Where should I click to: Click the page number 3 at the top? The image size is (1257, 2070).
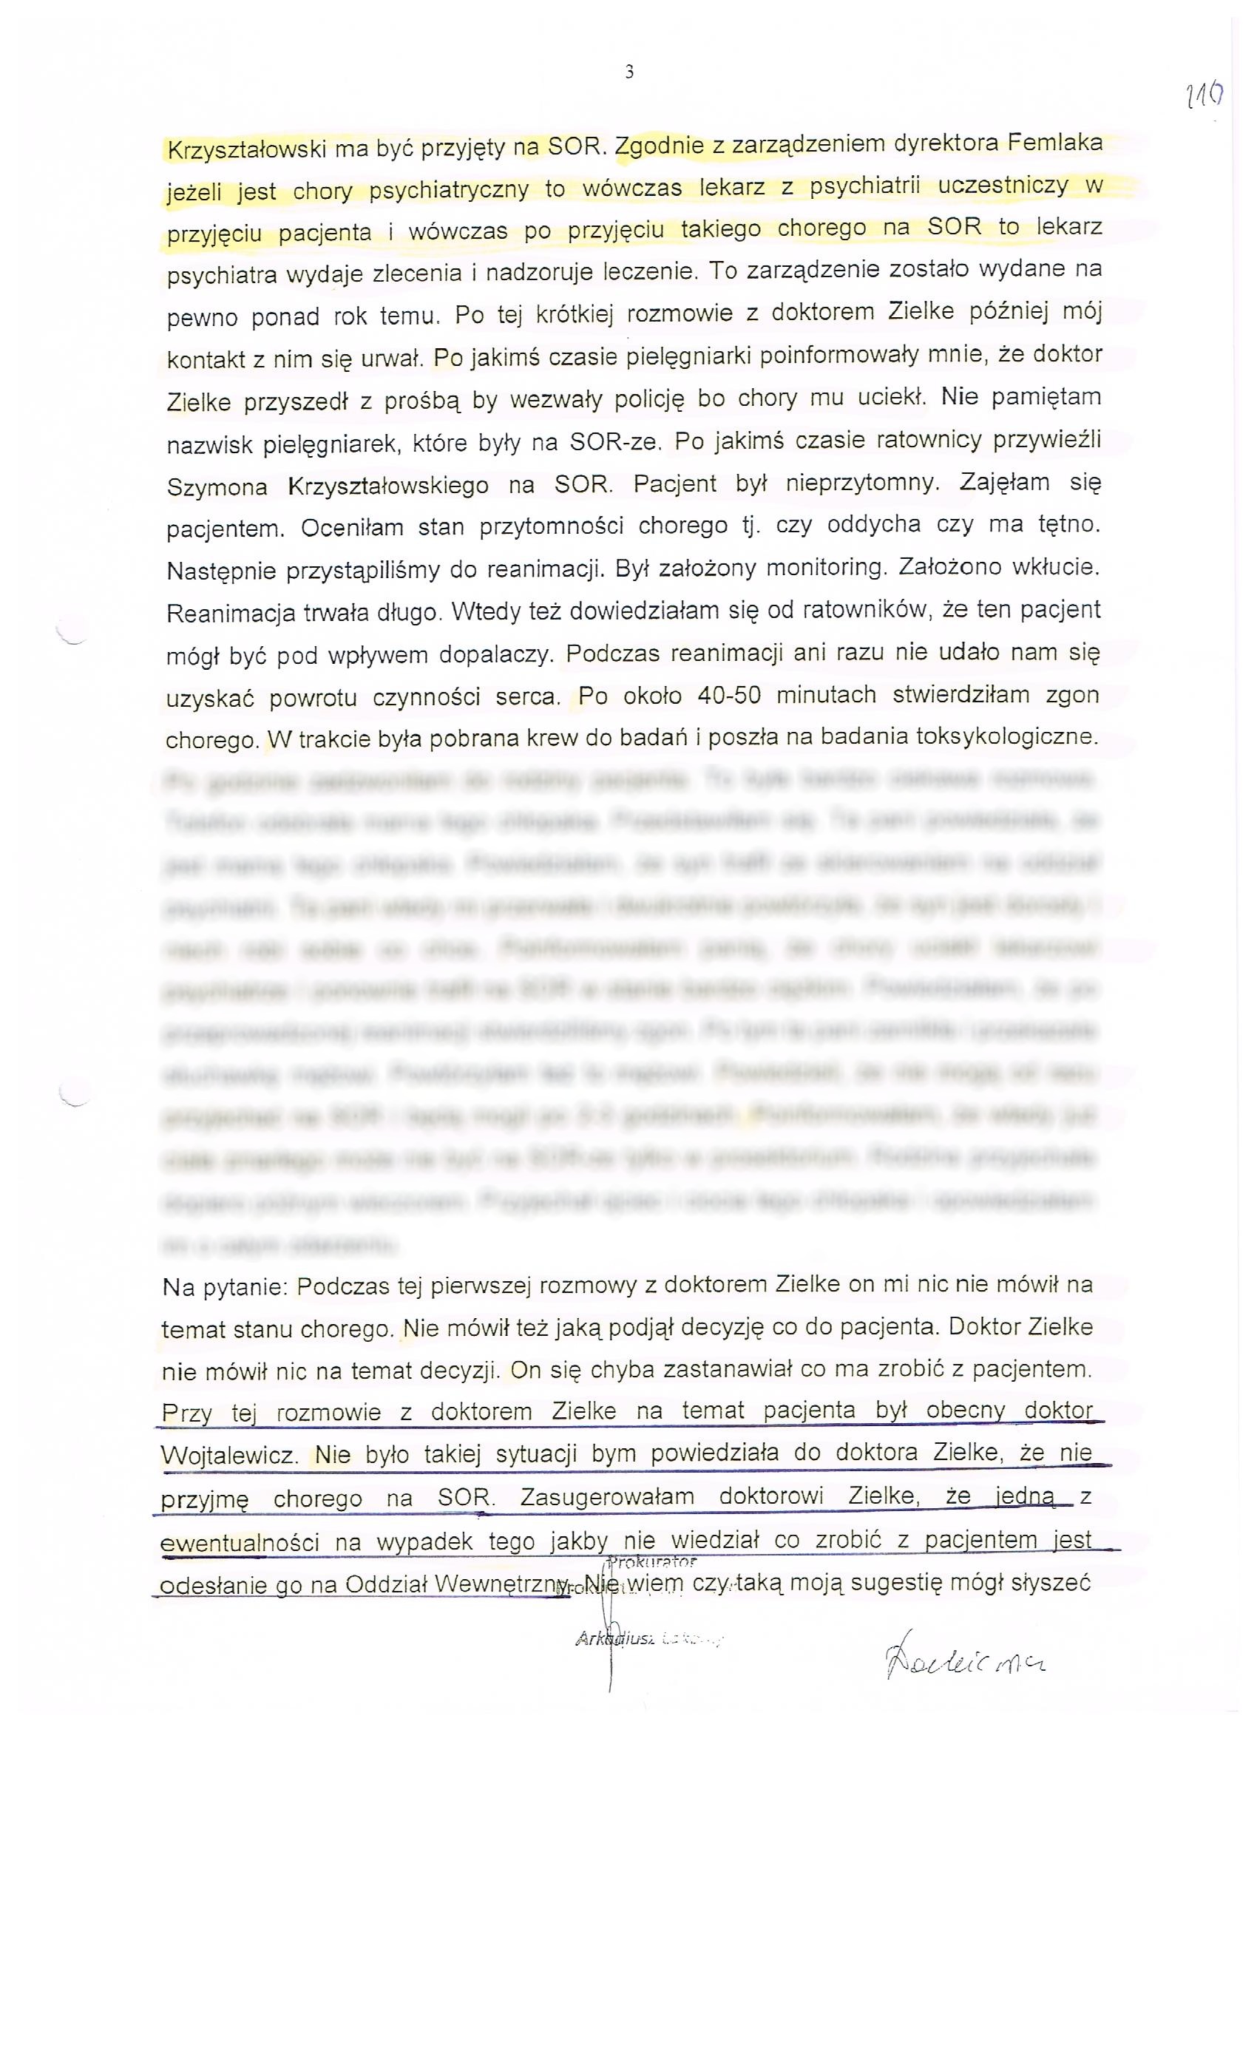(x=629, y=72)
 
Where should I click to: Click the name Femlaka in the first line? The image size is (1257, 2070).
(x=1054, y=142)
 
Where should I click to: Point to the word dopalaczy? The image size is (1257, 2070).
(x=498, y=654)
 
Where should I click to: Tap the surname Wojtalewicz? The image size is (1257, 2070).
(x=228, y=1456)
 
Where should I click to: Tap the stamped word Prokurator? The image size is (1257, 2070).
(x=652, y=1563)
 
